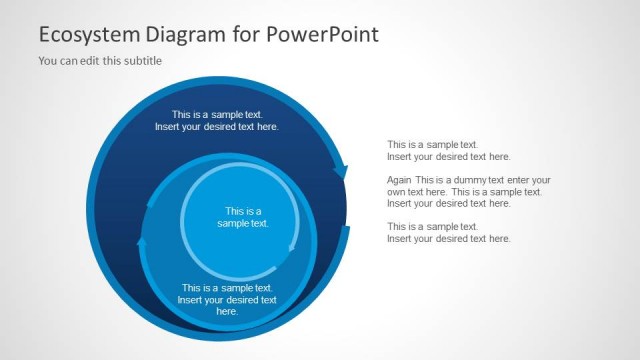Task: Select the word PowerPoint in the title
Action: click(323, 35)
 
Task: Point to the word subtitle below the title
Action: click(142, 61)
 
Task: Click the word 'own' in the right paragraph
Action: click(397, 192)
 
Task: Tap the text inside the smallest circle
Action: click(243, 217)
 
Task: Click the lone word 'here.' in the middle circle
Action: click(227, 312)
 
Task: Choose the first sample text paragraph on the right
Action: click(449, 150)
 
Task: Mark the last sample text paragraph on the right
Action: click(449, 233)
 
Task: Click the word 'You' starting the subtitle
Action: click(47, 61)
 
